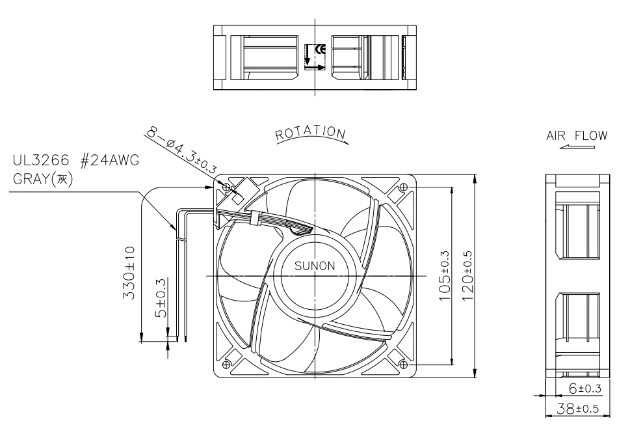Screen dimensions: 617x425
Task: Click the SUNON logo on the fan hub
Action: pos(315,266)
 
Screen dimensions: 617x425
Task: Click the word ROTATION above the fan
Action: pos(311,133)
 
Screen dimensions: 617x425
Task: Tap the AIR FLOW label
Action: pos(577,136)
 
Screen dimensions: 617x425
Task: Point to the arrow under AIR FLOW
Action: pos(577,147)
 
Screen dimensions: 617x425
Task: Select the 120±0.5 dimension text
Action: pos(467,276)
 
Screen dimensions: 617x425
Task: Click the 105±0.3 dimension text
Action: pos(445,276)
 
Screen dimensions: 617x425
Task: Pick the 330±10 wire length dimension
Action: pos(129,273)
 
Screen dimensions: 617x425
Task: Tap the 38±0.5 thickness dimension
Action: pos(577,409)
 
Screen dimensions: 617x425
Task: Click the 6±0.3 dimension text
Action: pos(586,389)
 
